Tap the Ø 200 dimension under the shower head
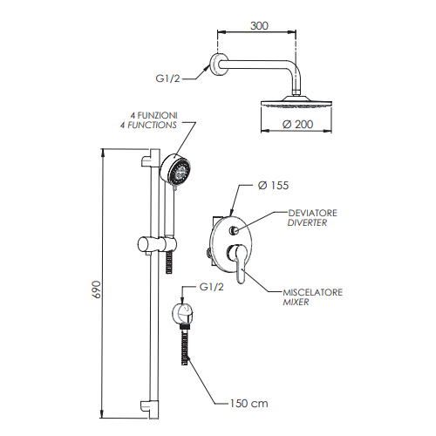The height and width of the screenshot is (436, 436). [x=298, y=124]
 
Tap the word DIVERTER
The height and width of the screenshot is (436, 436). [x=310, y=223]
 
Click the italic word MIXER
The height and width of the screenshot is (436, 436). [x=297, y=303]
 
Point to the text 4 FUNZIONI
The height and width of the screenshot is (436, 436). [x=154, y=115]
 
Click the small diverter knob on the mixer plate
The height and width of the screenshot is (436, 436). [x=235, y=231]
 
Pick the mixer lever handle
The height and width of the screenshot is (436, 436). [x=238, y=264]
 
